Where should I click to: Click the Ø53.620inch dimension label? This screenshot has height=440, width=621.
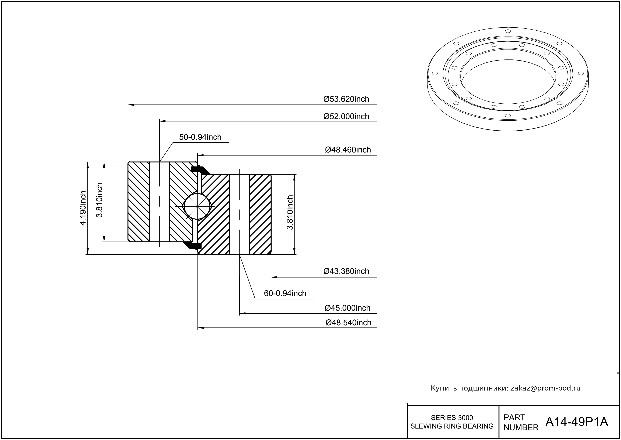point(346,99)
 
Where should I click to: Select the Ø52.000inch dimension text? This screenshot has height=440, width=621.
point(346,117)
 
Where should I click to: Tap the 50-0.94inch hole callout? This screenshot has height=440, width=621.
point(200,137)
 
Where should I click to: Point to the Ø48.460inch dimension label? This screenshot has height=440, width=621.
point(348,150)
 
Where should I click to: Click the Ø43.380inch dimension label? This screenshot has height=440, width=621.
point(346,271)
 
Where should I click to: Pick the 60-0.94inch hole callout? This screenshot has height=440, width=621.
point(285,293)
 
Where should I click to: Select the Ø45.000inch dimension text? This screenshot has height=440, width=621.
point(347,308)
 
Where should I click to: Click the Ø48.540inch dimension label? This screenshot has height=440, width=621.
point(348,323)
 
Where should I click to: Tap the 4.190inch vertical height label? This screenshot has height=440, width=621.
point(83,208)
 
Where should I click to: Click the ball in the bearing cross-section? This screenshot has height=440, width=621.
point(197,206)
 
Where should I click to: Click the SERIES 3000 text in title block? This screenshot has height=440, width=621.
point(452,417)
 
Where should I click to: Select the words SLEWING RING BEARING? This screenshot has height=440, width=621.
point(452,426)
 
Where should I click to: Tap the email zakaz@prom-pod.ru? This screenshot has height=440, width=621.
point(545,388)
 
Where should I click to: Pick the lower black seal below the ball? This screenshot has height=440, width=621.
point(194,245)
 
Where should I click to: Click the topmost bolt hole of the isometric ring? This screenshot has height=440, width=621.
point(508,31)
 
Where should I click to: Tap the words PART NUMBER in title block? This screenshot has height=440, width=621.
point(520,422)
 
